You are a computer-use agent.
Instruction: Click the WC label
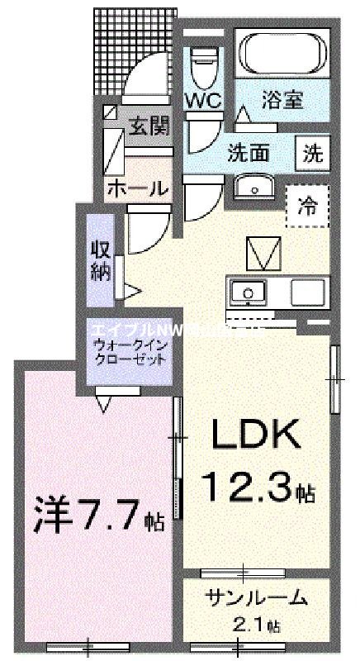pos(201,101)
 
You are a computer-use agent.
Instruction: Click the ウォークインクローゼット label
pos(130,353)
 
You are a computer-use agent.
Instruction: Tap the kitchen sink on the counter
pos(248,292)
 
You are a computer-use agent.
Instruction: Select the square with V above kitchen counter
pos(267,252)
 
